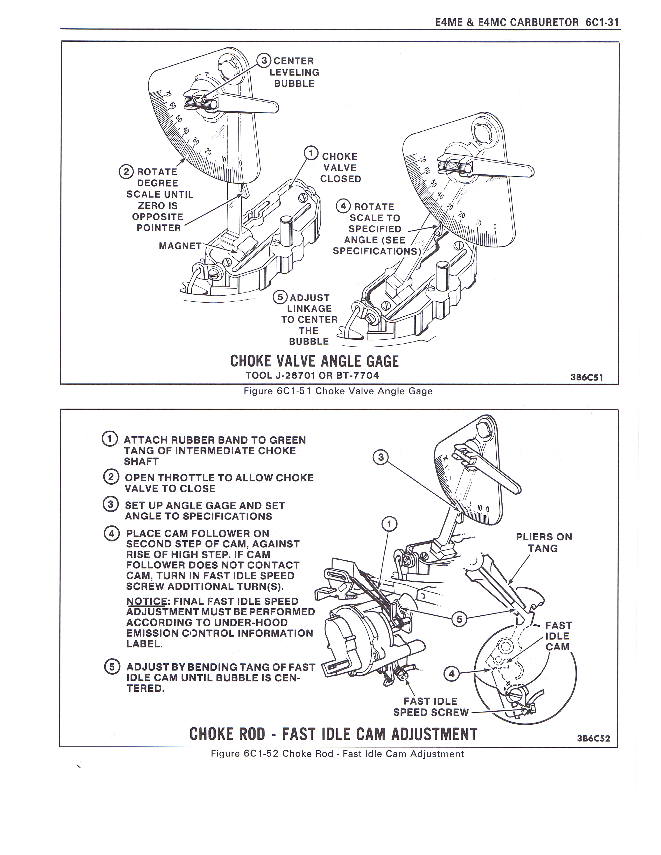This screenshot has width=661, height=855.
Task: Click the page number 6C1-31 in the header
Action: click(x=602, y=22)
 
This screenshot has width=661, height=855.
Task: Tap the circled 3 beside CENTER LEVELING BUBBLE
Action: click(x=264, y=61)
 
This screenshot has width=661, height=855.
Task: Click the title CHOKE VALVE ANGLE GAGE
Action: click(x=314, y=361)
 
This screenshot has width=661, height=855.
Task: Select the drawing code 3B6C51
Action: click(x=587, y=377)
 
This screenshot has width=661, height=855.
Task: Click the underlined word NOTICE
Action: click(x=146, y=601)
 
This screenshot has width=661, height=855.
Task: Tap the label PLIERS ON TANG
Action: click(x=544, y=542)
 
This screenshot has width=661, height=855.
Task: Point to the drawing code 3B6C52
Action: click(x=593, y=739)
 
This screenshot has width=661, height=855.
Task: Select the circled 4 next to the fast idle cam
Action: click(x=452, y=673)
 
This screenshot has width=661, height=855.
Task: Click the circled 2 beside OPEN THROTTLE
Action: click(x=110, y=477)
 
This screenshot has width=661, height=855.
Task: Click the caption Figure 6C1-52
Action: click(x=337, y=754)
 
